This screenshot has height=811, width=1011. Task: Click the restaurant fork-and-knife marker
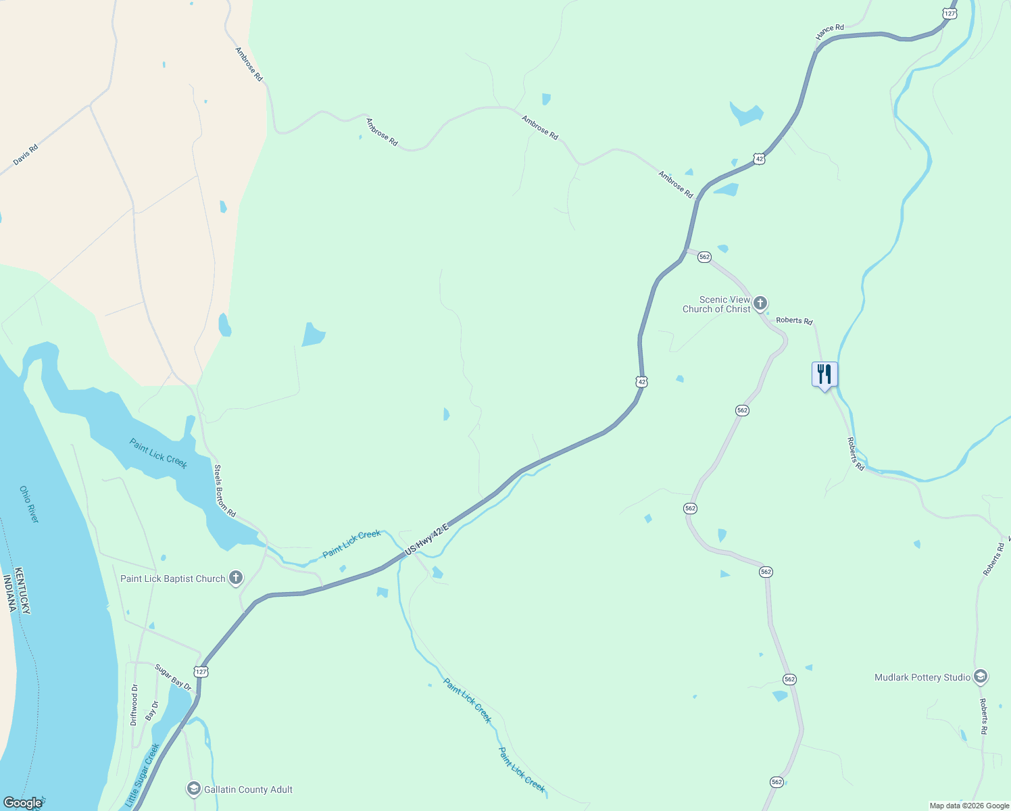824,374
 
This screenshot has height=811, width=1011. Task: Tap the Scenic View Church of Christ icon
760,303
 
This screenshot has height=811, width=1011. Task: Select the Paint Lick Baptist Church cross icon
236,578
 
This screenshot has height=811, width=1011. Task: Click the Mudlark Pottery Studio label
922,677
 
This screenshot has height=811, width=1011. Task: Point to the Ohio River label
29,504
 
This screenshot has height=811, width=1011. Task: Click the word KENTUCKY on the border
22,590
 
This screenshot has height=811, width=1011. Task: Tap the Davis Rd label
26,155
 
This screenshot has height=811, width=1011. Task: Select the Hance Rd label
829,32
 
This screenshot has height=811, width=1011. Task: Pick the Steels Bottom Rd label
224,491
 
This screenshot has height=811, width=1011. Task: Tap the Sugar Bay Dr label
173,677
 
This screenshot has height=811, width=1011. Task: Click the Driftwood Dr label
134,705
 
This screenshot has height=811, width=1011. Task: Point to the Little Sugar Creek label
143,775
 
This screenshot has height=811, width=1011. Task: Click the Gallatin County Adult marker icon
194,789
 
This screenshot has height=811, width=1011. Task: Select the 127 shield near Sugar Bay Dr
201,672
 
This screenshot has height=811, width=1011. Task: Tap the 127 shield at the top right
950,14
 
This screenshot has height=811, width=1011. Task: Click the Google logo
22,803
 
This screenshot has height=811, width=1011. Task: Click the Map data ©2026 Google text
969,806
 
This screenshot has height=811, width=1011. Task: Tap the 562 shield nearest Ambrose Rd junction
704,257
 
